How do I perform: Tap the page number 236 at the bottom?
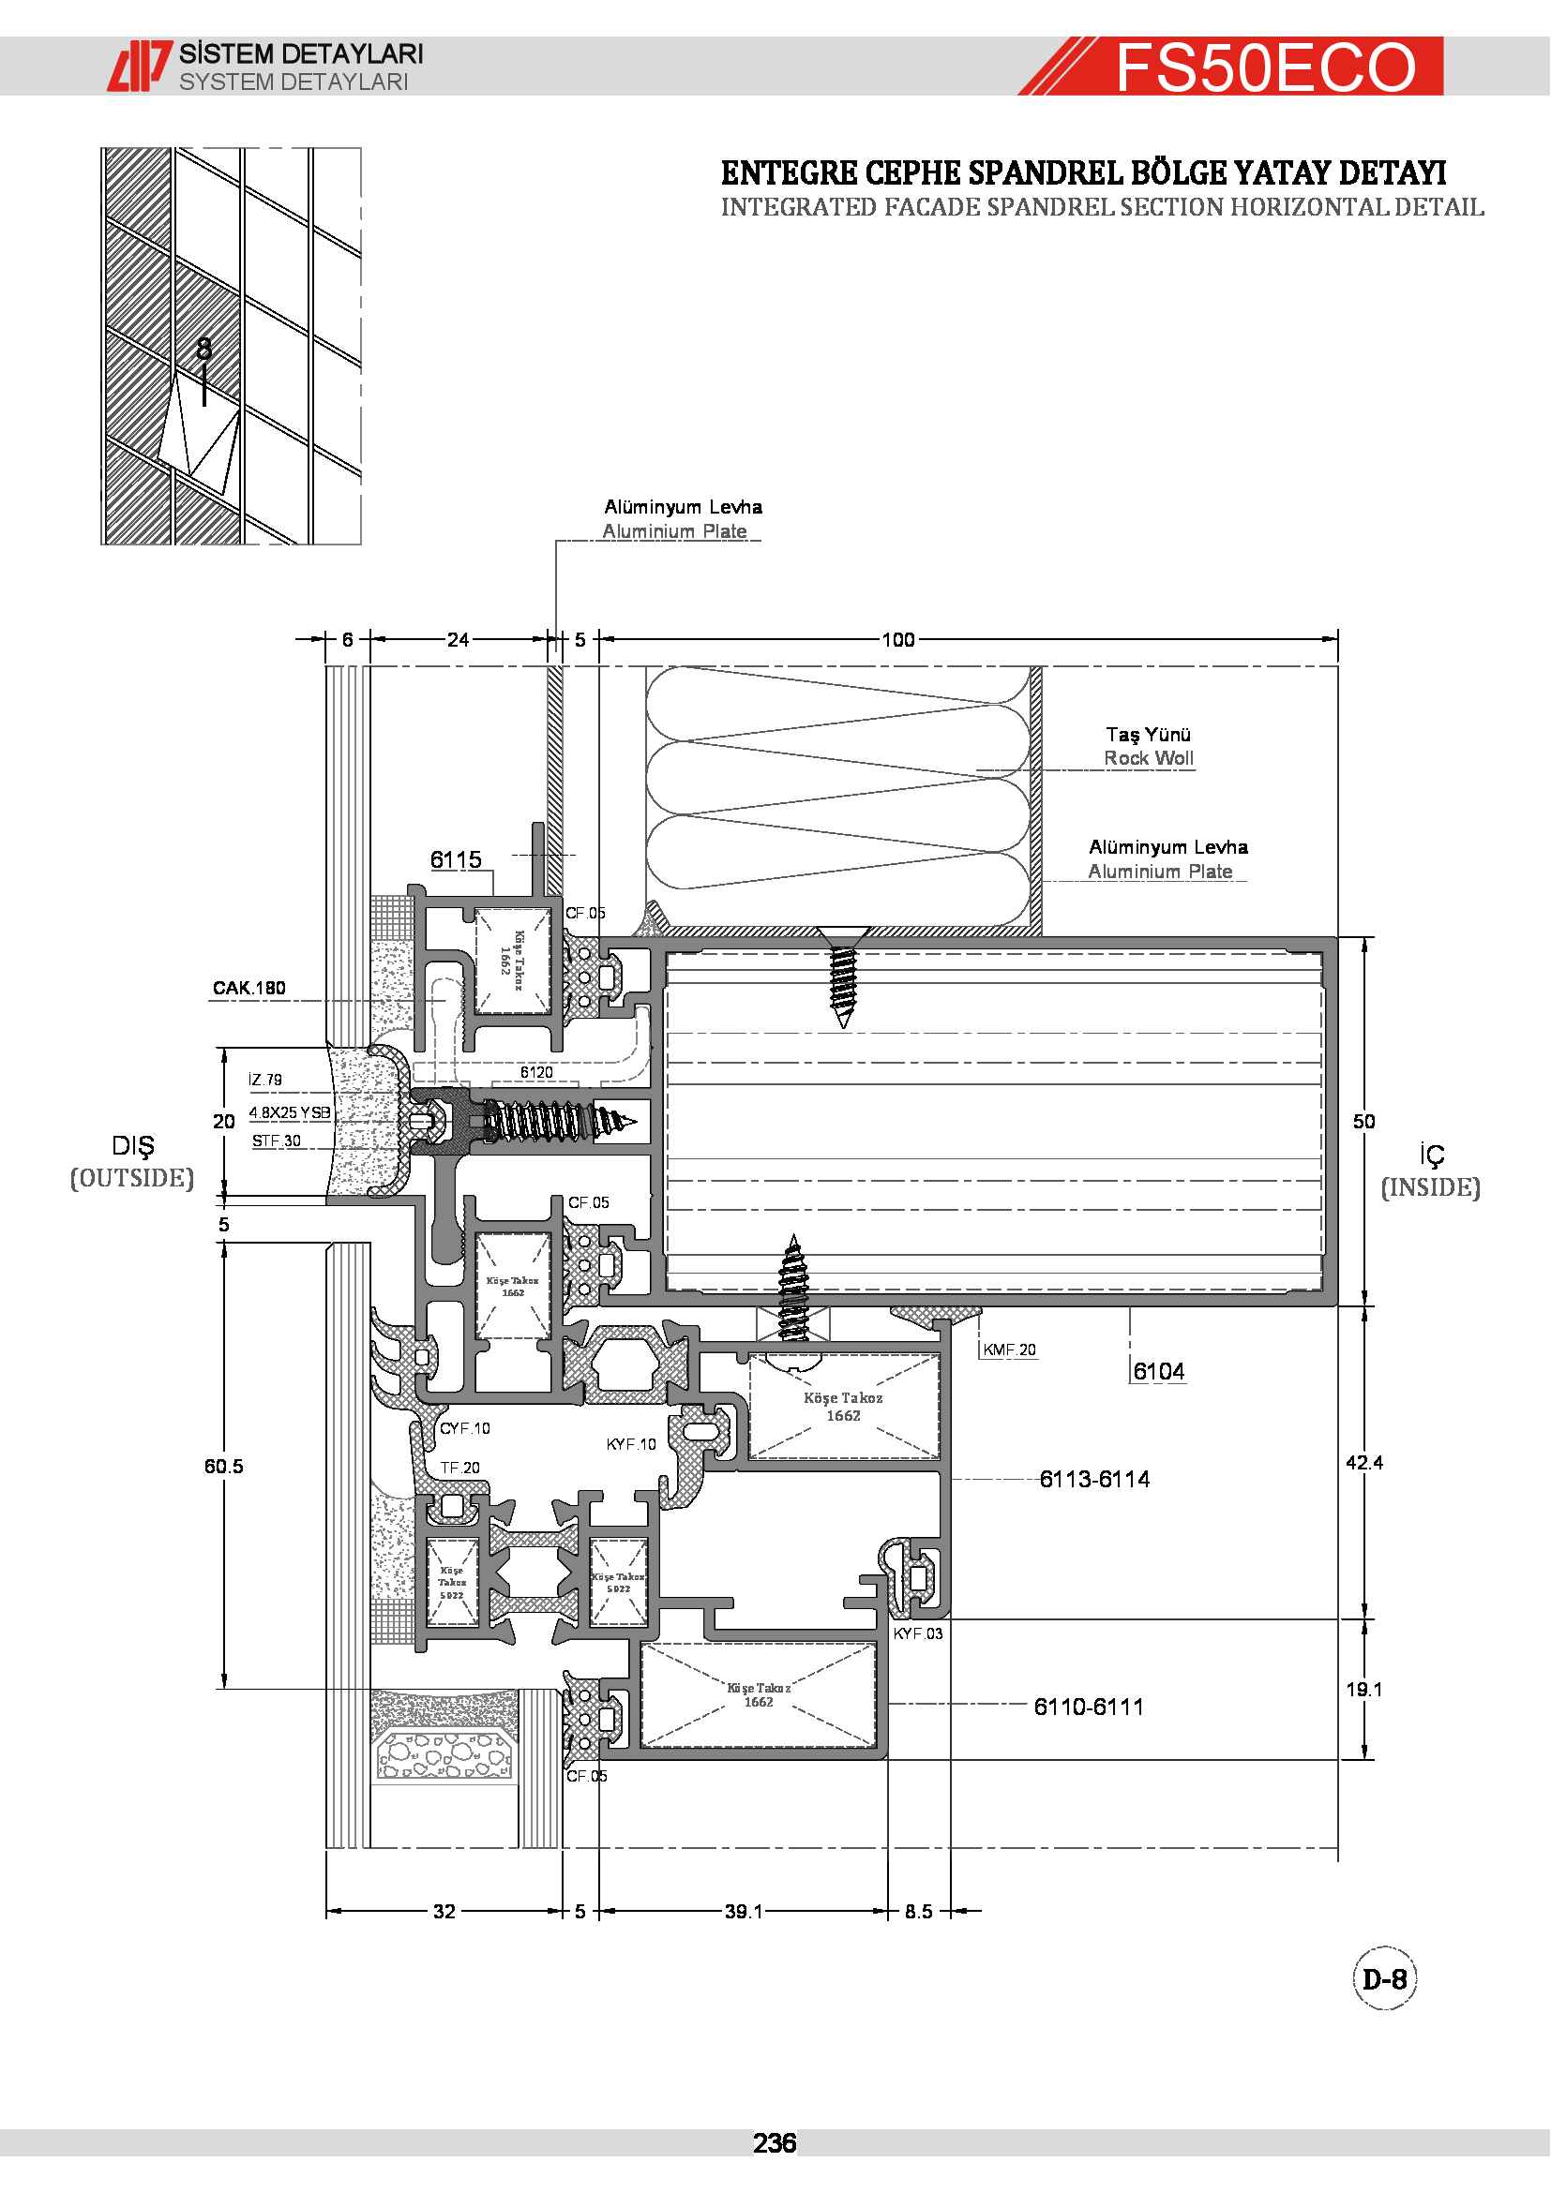click(x=774, y=2143)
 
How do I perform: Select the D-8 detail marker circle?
click(x=1384, y=1979)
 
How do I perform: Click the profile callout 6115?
click(x=456, y=859)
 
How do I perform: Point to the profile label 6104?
click(x=1158, y=1371)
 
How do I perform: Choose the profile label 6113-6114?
click(x=1093, y=1479)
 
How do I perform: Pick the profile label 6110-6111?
click(x=1088, y=1706)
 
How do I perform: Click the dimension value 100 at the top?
click(x=896, y=639)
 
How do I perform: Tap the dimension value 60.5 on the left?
click(x=223, y=1466)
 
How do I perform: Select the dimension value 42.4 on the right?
click(x=1363, y=1462)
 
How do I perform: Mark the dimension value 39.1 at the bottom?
click(x=743, y=1910)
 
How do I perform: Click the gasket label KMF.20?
click(x=1010, y=1349)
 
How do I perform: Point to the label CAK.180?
click(x=248, y=987)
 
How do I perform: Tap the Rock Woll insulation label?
click(x=1148, y=758)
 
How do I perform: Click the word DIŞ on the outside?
click(x=133, y=1145)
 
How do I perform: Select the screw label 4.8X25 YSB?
click(x=290, y=1112)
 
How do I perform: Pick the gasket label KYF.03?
click(x=918, y=1633)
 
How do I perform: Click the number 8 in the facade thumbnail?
click(x=203, y=349)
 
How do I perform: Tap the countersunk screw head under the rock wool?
click(x=842, y=934)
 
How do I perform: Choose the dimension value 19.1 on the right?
click(x=1363, y=1689)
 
